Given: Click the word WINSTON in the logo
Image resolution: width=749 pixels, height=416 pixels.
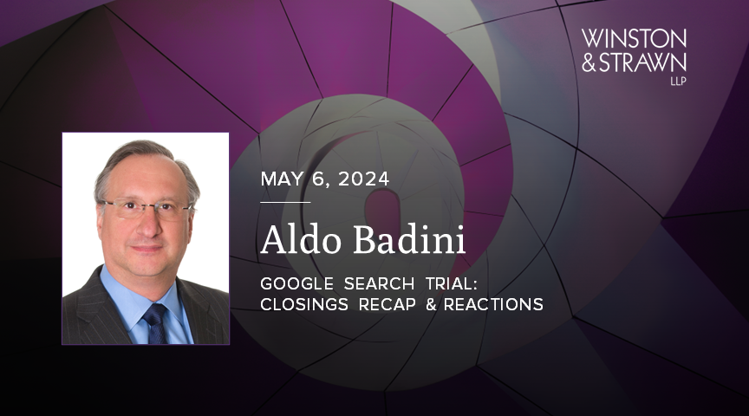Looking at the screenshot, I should [634, 38].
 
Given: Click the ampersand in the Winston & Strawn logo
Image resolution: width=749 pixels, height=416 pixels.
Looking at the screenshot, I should [590, 62].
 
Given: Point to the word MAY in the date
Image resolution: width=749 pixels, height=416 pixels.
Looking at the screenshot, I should [281, 179].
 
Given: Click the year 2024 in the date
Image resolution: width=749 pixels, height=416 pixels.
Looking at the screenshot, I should [364, 179].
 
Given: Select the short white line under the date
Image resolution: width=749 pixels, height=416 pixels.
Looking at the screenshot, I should [285, 202].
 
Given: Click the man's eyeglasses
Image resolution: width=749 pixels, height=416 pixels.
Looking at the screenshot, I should [145, 209].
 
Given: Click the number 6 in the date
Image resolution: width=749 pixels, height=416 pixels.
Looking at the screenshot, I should [320, 179].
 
